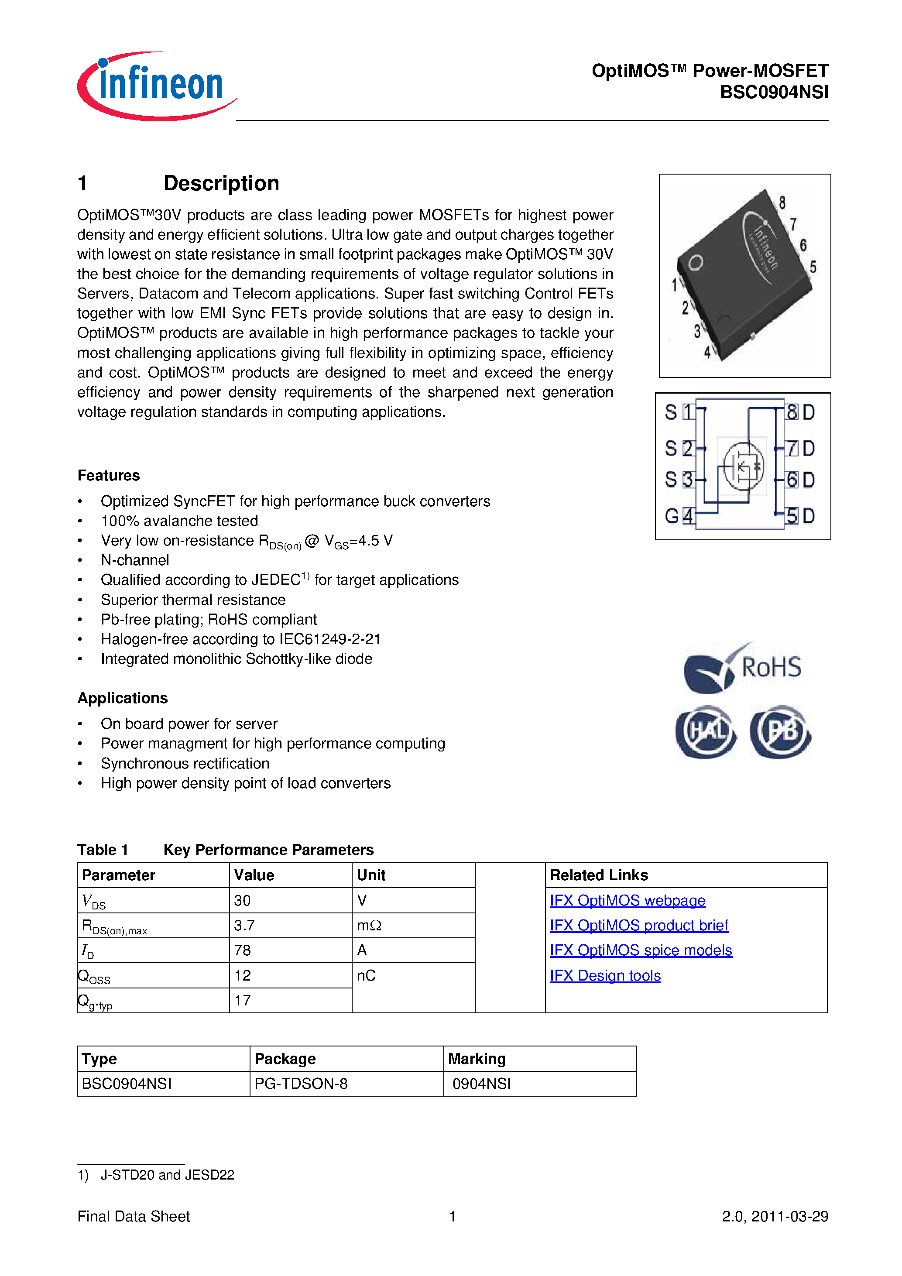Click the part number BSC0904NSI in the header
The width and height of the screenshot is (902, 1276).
774,92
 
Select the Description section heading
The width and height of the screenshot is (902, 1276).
221,183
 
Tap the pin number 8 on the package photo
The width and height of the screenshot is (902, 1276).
782,203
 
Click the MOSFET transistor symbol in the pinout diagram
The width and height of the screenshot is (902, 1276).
743,466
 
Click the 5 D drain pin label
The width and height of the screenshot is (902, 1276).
801,516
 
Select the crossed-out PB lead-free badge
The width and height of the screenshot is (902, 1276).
780,732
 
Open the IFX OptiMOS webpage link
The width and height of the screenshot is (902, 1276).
627,900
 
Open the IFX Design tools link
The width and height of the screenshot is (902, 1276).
605,975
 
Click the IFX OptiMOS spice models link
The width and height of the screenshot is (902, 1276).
640,950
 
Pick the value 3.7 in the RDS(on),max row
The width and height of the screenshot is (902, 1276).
244,925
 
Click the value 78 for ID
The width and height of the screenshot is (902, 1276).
242,950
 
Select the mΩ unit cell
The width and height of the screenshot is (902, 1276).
369,925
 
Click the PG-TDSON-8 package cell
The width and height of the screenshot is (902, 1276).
301,1084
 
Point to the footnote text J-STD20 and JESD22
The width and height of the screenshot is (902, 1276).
167,1175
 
